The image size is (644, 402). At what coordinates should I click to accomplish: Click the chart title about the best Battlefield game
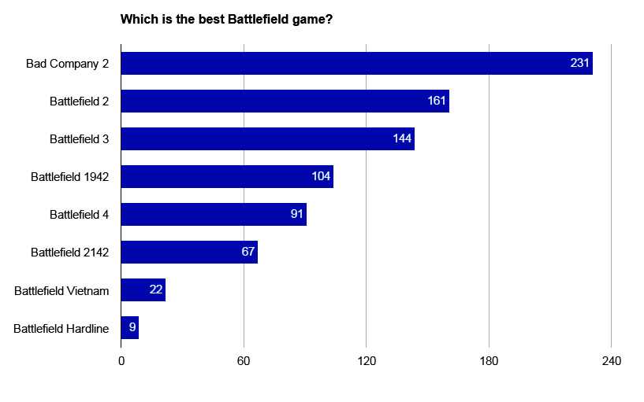225,19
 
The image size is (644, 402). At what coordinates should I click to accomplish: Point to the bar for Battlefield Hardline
129,328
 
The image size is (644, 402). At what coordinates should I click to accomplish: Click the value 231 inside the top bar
580,63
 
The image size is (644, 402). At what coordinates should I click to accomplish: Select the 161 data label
437,101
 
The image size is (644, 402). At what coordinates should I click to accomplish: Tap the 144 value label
402,138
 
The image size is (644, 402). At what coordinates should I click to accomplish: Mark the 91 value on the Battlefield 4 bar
297,214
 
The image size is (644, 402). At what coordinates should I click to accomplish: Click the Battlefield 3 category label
79,138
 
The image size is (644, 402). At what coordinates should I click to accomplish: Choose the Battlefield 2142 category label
69,253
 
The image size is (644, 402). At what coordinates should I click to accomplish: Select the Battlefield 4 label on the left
79,214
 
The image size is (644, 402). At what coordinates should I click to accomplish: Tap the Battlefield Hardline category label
61,328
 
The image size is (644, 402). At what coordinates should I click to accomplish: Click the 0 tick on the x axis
121,361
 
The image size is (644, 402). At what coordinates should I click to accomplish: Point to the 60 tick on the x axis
244,361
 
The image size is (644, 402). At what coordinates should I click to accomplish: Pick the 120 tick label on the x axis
367,361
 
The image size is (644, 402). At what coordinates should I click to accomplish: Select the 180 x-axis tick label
489,361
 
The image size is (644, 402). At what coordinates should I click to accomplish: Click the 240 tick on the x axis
612,361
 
